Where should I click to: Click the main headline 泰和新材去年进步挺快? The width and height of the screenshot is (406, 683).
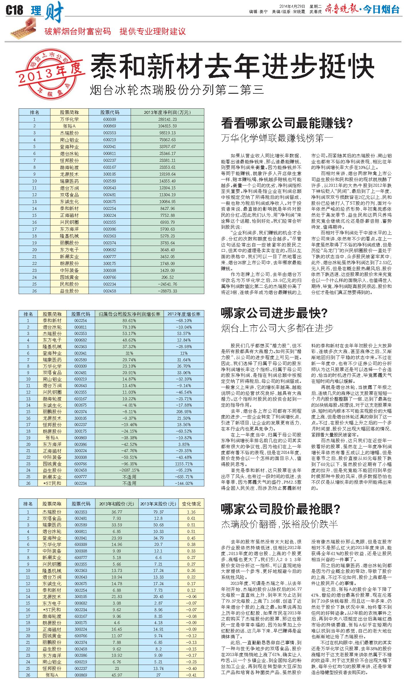click(232, 66)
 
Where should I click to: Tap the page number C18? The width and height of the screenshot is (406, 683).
click(14, 11)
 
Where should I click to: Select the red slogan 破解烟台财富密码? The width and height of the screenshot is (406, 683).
click(78, 31)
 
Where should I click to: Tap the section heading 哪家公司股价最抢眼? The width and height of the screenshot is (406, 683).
click(281, 509)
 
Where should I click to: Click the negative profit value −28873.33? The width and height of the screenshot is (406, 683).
click(167, 291)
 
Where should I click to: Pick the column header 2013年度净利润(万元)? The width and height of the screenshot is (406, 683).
click(167, 112)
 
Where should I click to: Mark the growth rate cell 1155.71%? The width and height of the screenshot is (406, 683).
click(184, 463)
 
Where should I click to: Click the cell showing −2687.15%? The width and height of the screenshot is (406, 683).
click(129, 470)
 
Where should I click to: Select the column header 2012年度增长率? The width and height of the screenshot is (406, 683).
click(184, 314)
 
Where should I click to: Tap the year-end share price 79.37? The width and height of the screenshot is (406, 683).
click(158, 512)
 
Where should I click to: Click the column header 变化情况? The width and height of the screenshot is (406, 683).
click(191, 504)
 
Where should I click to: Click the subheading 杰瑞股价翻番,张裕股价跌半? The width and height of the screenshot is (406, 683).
click(279, 524)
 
